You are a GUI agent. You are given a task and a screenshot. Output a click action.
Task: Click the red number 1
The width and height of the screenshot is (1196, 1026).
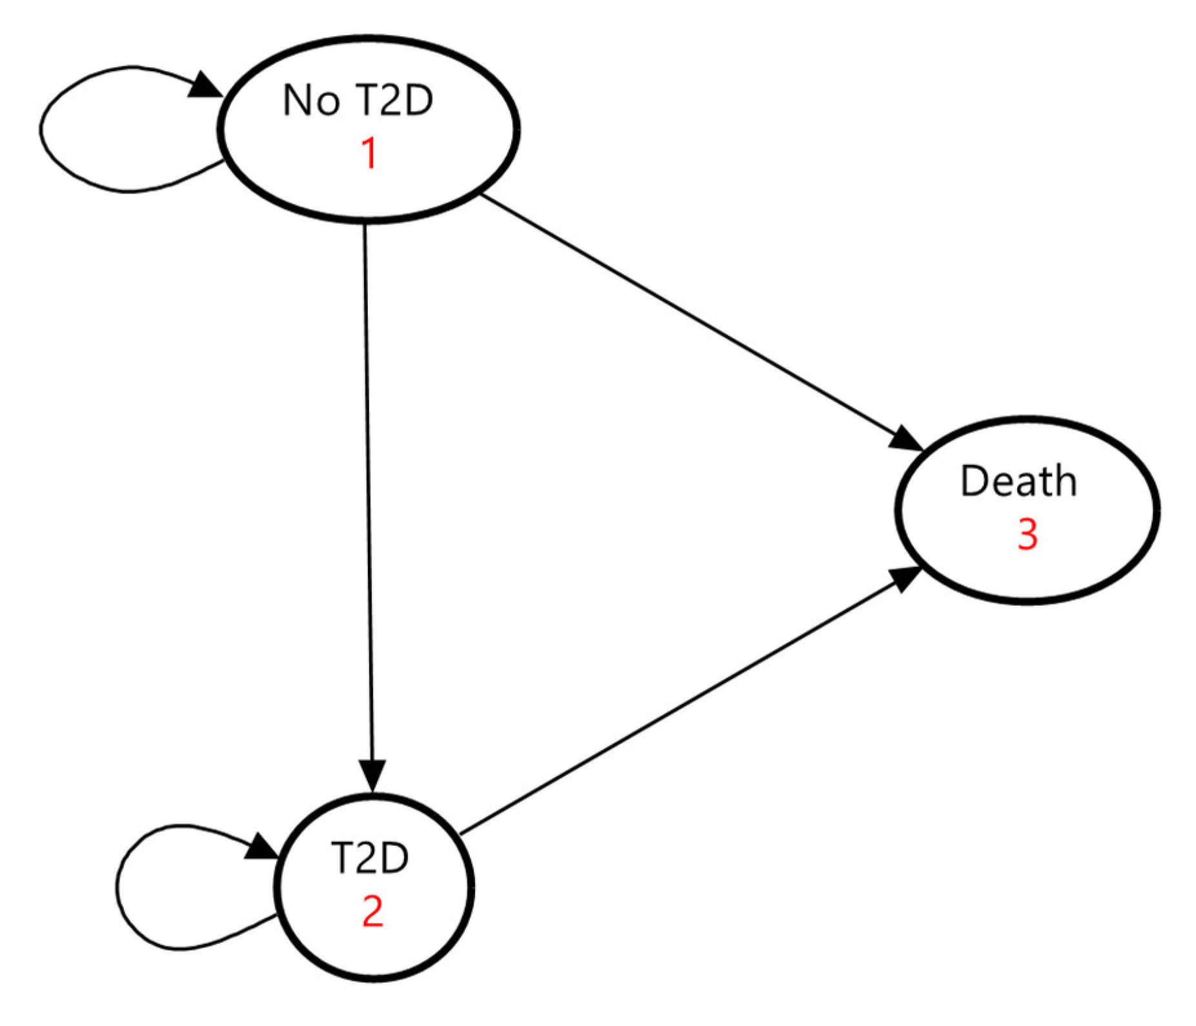click(x=369, y=154)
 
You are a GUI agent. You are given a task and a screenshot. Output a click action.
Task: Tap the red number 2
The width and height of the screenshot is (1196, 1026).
click(x=373, y=911)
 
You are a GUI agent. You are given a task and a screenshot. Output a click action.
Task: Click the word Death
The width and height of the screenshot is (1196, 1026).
click(x=1018, y=481)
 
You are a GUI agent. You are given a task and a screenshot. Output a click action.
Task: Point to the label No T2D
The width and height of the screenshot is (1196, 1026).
click(x=358, y=101)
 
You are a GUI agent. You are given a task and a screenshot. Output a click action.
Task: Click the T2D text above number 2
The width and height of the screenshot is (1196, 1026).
click(x=370, y=858)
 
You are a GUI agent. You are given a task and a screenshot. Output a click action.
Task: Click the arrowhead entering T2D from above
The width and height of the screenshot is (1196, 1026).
click(x=372, y=774)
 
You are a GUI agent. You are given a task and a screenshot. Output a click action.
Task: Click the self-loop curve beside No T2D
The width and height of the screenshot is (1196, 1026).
click(x=41, y=129)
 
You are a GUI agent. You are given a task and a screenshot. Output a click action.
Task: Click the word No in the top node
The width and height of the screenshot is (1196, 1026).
click(x=311, y=101)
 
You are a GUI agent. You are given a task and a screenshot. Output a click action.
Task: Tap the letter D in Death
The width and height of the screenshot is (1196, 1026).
click(x=973, y=481)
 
